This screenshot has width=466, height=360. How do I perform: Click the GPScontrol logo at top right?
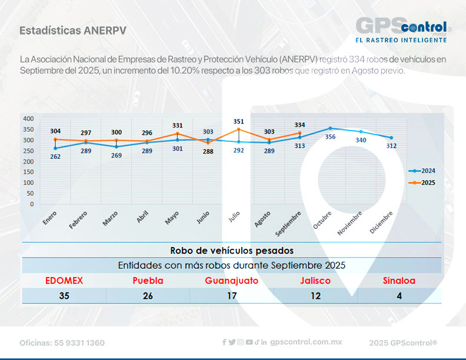(403, 29)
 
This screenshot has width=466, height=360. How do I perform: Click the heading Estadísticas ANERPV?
(72, 30)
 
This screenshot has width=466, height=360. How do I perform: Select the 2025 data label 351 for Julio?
(238, 122)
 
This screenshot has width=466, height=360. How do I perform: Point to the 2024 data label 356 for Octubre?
(330, 136)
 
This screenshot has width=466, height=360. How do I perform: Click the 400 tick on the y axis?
(28, 119)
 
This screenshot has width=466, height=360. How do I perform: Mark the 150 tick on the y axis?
(28, 172)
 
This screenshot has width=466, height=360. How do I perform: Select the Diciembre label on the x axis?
(381, 224)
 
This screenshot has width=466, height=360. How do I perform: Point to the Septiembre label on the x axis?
(288, 224)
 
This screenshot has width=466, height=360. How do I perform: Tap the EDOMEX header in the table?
(64, 281)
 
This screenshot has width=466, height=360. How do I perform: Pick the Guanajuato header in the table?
(231, 281)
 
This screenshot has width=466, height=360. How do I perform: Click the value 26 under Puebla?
(148, 296)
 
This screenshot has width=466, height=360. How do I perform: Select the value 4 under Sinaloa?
(399, 296)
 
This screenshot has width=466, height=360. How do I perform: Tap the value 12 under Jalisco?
(316, 296)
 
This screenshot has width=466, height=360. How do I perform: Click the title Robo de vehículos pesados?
(231, 250)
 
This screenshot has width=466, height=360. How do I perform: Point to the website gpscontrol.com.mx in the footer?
(306, 342)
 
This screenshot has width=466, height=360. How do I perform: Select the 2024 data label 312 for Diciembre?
(391, 146)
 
